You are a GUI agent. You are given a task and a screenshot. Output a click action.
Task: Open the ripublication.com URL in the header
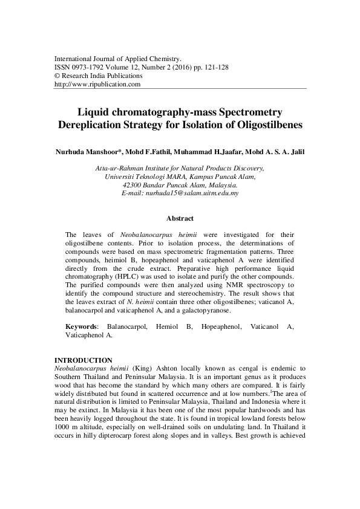click(97, 85)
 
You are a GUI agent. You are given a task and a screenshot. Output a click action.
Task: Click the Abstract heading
click(180, 219)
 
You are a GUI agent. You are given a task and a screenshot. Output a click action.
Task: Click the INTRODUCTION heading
click(83, 360)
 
